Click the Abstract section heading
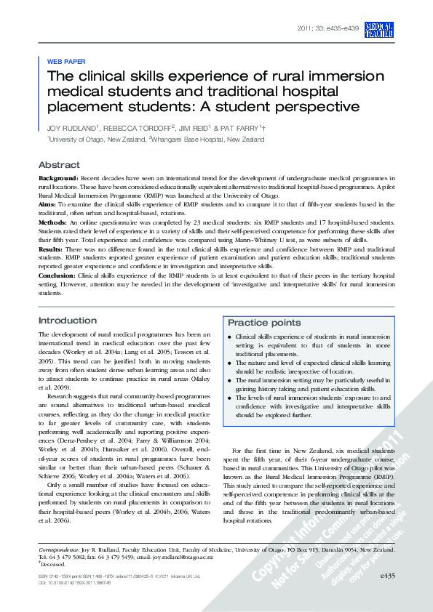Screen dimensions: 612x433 [x=59, y=165]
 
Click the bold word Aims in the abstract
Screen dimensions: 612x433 [x=48, y=205]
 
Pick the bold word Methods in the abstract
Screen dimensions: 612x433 [x=53, y=223]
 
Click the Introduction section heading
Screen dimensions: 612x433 [x=67, y=321]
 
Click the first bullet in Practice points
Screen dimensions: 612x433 [x=230, y=338]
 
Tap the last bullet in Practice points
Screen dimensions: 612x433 [x=230, y=399]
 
